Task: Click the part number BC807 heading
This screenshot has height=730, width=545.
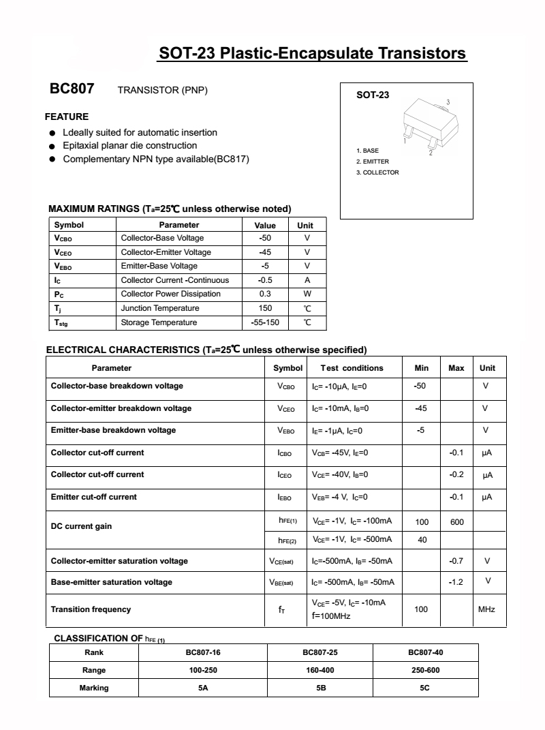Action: (72, 89)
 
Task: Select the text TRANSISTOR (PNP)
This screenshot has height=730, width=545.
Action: (162, 91)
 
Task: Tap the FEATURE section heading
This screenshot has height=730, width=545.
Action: (67, 117)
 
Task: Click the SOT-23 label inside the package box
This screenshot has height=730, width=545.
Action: (373, 95)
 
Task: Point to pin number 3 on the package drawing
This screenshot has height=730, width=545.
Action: (448, 102)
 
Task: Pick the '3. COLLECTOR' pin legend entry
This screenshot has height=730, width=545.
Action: (377, 172)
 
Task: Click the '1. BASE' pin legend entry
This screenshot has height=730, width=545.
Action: (367, 150)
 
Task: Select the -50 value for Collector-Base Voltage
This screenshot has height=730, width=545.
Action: (265, 238)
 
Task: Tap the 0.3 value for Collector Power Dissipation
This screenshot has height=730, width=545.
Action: (265, 294)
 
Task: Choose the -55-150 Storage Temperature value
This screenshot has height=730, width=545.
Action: (265, 322)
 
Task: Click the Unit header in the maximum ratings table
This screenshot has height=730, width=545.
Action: (305, 225)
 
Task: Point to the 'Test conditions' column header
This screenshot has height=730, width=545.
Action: (352, 368)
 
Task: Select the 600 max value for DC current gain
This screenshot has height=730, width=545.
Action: (456, 522)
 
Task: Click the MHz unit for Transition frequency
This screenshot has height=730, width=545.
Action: (486, 609)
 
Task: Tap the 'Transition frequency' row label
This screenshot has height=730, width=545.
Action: (91, 609)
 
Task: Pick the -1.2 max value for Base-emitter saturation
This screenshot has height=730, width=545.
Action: (456, 582)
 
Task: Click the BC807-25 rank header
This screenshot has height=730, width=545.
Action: (320, 652)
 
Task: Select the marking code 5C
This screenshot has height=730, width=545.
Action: (424, 688)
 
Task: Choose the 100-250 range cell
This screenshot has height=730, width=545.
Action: (203, 670)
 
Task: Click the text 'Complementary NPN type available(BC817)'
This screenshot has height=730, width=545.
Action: (156, 159)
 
